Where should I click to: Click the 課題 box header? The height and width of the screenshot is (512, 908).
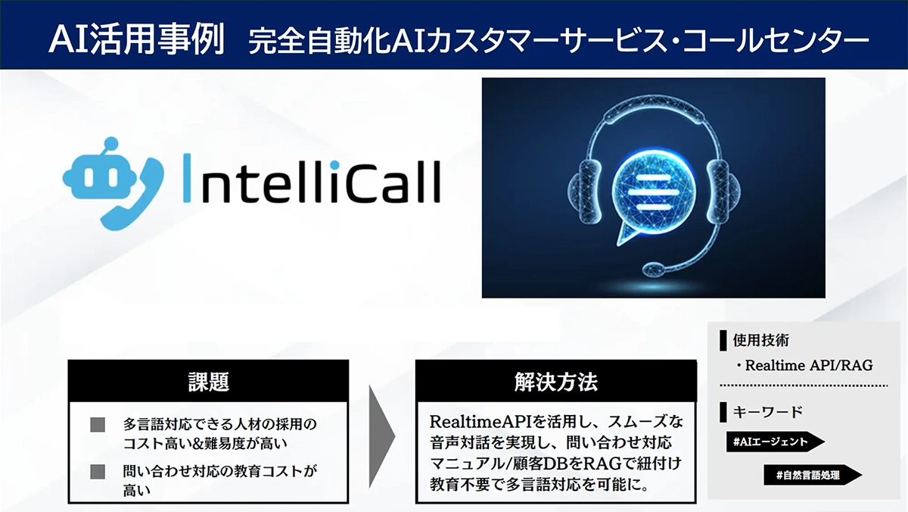208,381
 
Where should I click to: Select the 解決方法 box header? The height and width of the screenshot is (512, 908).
555,381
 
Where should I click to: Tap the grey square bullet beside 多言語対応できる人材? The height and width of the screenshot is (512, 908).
97,425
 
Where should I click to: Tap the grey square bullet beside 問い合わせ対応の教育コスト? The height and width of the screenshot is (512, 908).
97,472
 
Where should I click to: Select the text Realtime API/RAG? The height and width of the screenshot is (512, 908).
808,365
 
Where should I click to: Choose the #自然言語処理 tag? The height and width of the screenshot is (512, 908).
811,476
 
